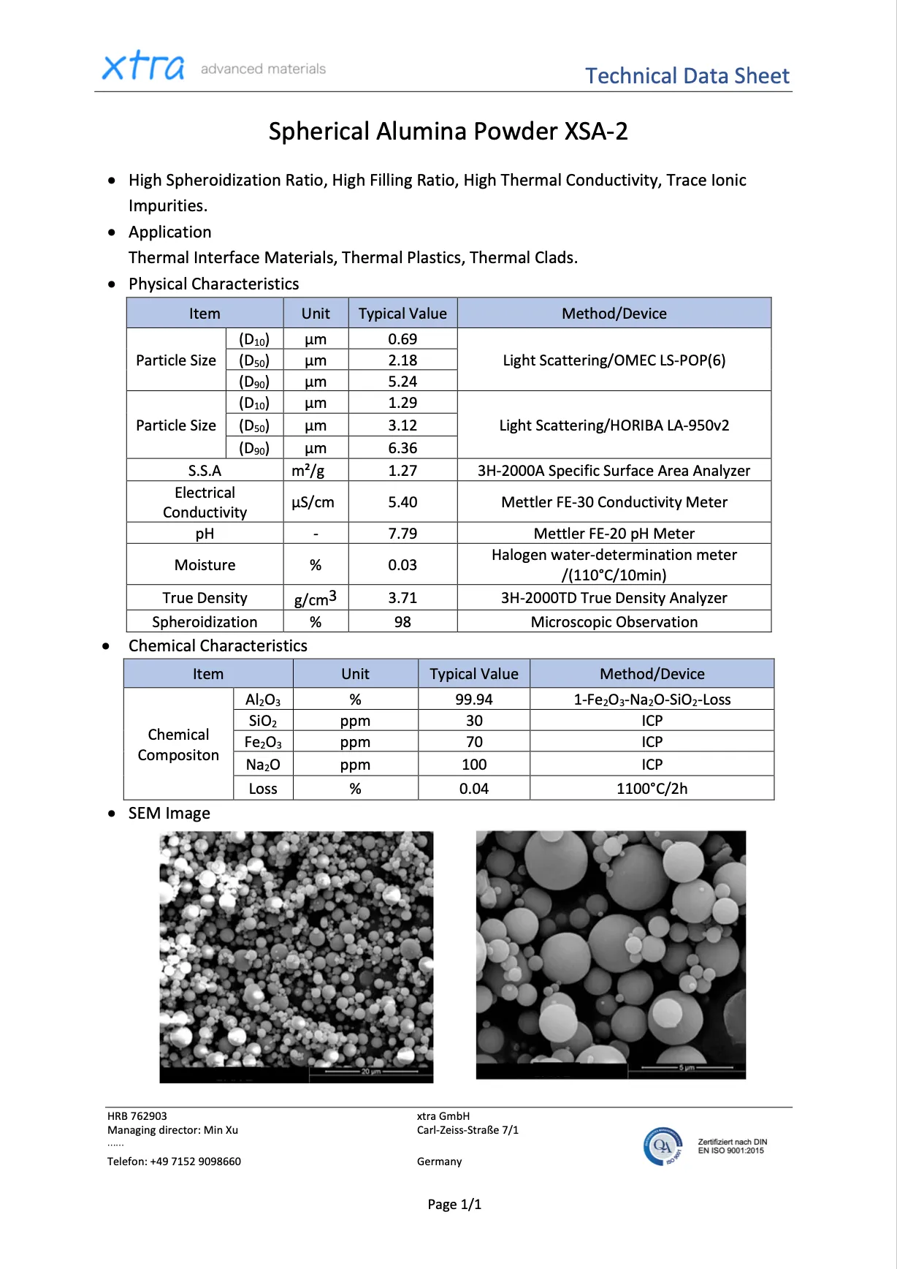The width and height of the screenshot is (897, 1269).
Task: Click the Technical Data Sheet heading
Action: (x=687, y=76)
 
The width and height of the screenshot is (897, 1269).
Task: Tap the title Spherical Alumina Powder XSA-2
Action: (x=448, y=132)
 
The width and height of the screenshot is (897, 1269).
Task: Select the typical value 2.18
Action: (x=402, y=360)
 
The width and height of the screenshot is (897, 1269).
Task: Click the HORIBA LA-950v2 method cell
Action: (x=614, y=425)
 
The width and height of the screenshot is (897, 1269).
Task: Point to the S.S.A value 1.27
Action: (x=402, y=471)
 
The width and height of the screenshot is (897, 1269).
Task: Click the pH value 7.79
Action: (x=402, y=534)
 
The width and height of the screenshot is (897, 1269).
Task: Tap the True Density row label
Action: (x=205, y=598)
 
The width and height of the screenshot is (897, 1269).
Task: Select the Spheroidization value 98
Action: (x=402, y=622)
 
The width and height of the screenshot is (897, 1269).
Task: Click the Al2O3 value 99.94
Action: (x=473, y=700)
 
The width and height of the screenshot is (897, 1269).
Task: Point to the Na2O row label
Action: (x=263, y=765)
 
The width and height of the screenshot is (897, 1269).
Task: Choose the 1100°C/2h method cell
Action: (x=652, y=789)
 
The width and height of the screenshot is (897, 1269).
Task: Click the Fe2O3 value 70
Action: (x=474, y=742)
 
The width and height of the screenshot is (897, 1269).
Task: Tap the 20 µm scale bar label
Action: (x=371, y=1072)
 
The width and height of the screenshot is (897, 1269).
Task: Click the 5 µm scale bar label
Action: (x=686, y=1067)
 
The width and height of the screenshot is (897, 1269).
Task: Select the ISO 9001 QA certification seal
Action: (x=663, y=1146)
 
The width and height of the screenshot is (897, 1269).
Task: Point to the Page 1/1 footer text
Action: (x=454, y=1205)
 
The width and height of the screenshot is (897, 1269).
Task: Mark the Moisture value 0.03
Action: (x=402, y=565)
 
